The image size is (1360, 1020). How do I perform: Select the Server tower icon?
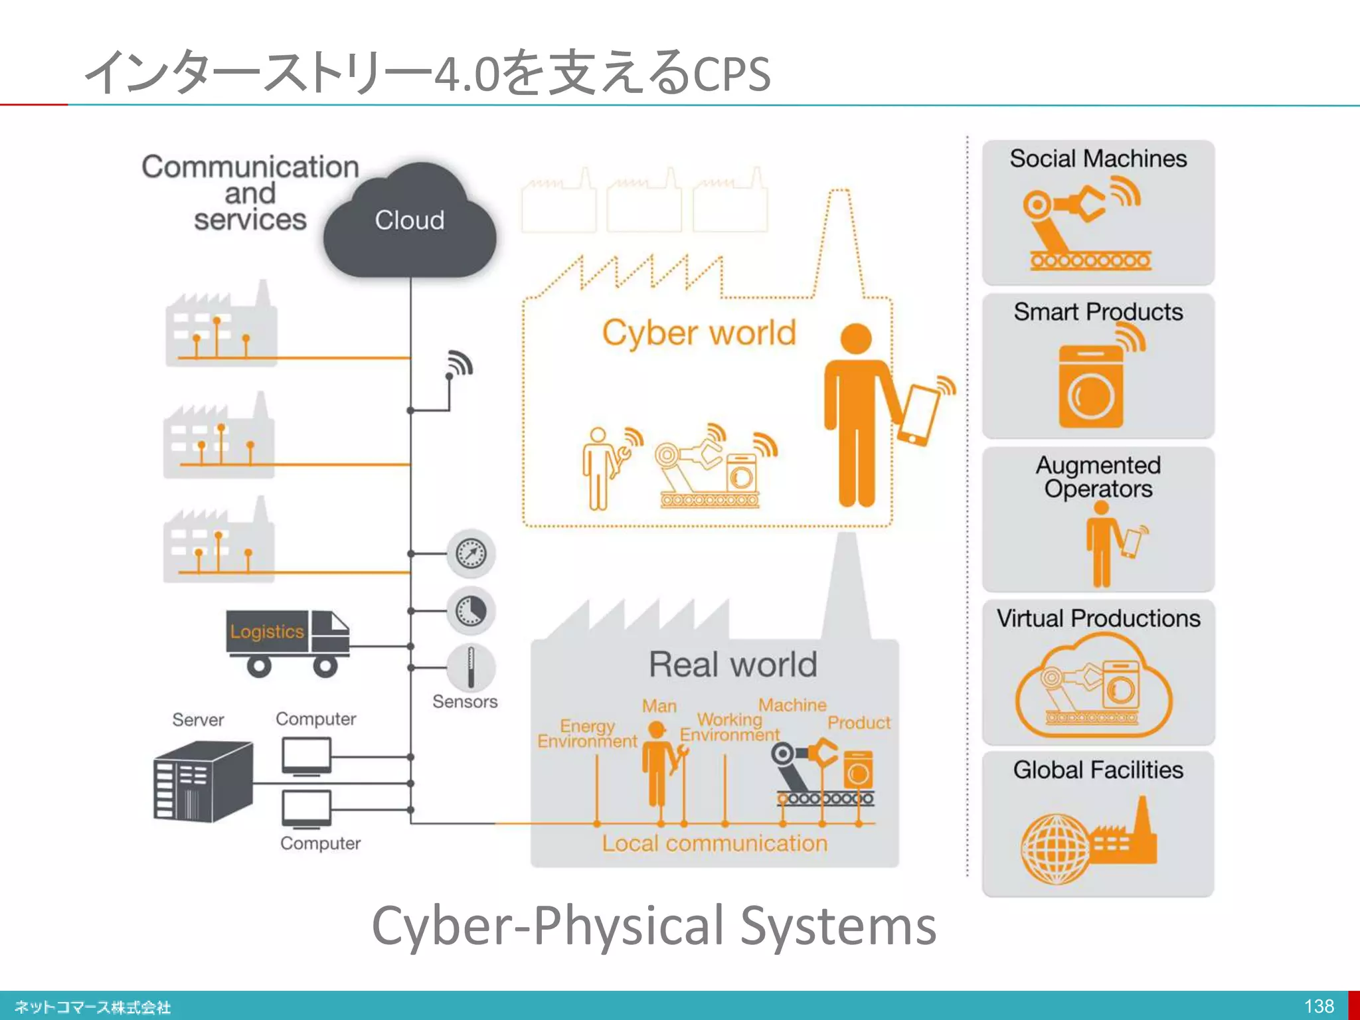click(203, 782)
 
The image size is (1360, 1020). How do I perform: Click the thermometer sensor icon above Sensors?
click(471, 667)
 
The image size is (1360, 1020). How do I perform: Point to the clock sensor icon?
click(471, 610)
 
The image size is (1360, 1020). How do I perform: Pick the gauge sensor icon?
click(471, 553)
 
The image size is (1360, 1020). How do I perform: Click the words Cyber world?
click(699, 332)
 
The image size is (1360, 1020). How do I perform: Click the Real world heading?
click(732, 664)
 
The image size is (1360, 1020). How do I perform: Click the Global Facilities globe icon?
click(1056, 849)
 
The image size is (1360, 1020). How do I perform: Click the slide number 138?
click(1319, 1006)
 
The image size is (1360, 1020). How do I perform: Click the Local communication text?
click(715, 843)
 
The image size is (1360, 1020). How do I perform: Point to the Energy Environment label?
click(587, 733)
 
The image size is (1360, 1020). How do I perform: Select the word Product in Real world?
click(859, 722)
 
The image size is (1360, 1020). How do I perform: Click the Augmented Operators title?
click(1098, 477)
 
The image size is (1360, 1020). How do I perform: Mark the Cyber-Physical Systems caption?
click(654, 926)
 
